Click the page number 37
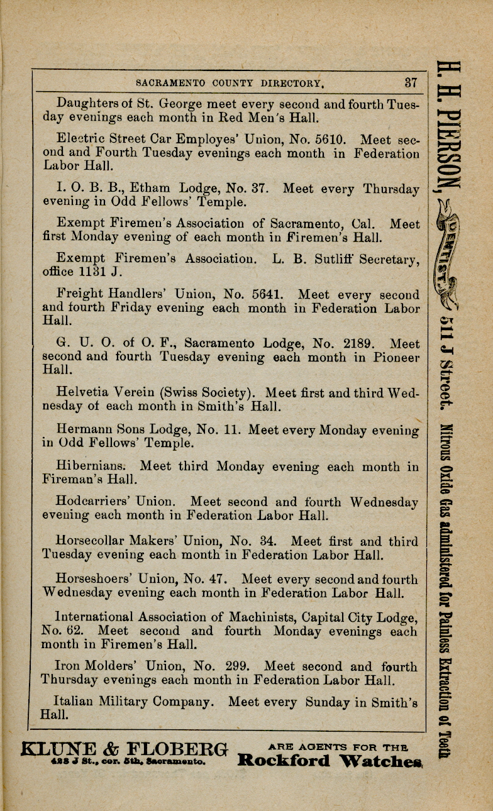coord(411,82)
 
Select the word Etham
coord(150,189)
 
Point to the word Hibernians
coord(92,466)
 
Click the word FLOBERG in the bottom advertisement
coord(179,750)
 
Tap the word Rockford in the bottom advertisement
coord(284,761)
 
